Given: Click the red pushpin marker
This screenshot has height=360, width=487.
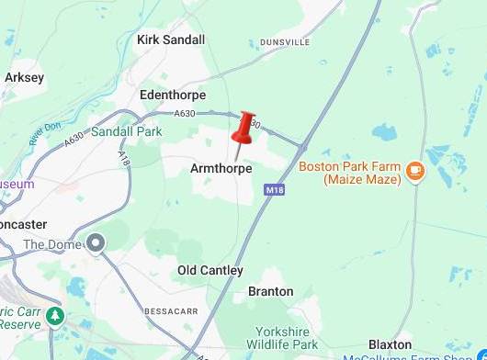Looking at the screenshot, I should click(243, 128).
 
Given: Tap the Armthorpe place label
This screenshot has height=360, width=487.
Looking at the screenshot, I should click(221, 169).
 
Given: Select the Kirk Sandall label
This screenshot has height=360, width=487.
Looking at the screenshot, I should click(170, 39).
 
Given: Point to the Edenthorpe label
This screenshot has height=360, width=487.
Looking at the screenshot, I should click(173, 95).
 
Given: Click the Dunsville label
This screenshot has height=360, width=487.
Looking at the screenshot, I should click(288, 42).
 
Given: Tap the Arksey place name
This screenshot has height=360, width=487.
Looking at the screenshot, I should click(24, 78).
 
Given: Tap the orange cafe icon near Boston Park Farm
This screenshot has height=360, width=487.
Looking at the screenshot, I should click(415, 170).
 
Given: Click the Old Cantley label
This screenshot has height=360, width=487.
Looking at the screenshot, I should click(210, 271).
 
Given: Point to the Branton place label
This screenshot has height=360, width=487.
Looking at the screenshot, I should click(271, 292).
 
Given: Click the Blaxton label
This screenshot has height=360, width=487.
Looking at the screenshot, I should click(391, 343).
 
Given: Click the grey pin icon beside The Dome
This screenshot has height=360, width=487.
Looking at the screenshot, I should click(96, 243).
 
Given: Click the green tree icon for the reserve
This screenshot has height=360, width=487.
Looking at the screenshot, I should click(55, 317).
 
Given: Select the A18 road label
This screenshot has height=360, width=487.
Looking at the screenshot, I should click(124, 158).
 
